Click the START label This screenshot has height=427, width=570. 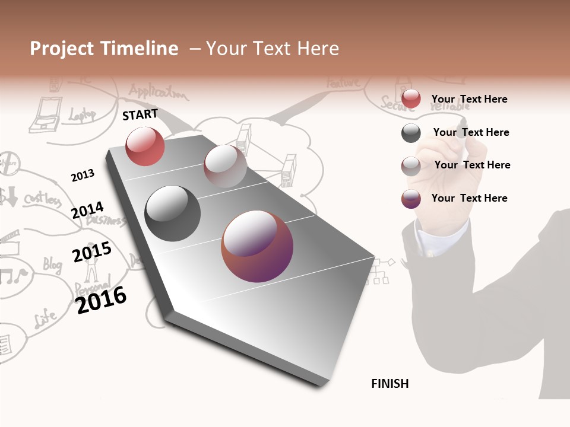(140, 114)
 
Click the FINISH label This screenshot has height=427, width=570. (389, 384)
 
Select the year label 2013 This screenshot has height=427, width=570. (83, 176)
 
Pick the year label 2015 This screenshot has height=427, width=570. (91, 252)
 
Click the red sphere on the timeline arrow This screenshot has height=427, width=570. (145, 146)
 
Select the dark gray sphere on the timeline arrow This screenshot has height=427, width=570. (172, 213)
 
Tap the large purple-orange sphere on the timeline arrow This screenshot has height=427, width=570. (257, 246)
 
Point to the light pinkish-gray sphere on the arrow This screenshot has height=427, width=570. (225, 165)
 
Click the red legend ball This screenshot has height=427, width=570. (411, 99)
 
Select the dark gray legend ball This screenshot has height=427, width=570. (411, 133)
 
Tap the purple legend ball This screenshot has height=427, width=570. (411, 199)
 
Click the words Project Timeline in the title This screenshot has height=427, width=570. (104, 49)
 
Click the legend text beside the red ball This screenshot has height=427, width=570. (469, 99)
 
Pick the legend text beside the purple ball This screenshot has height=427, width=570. (469, 198)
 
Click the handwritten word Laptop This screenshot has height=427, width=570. (82, 115)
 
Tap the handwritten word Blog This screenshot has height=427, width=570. (52, 264)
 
